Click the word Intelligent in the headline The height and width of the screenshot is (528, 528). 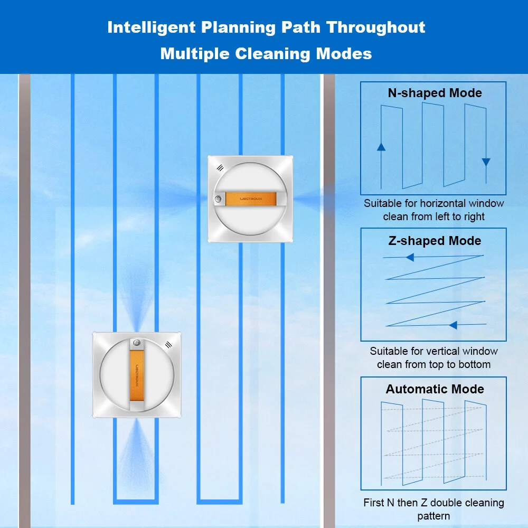click(x=151, y=27)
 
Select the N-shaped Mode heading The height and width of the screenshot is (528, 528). click(x=435, y=93)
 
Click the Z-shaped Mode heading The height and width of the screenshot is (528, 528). click(x=435, y=241)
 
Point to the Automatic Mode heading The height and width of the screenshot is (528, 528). click(x=435, y=389)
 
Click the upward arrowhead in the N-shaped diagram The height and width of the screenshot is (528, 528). click(x=381, y=147)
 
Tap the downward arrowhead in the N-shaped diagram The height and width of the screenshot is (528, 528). click(x=486, y=162)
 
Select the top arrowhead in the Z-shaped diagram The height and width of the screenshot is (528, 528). click(x=410, y=258)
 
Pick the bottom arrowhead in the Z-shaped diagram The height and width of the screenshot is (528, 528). click(x=453, y=325)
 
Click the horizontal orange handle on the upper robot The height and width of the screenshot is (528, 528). click(x=251, y=199)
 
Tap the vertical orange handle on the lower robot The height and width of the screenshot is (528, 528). click(x=137, y=375)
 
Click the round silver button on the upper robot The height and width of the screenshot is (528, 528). click(x=218, y=199)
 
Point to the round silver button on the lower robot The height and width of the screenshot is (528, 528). click(x=137, y=343)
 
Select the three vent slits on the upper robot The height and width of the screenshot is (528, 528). click(x=220, y=168)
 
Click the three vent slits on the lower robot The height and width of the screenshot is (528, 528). click(x=169, y=344)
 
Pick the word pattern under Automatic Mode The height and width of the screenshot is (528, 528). click(x=433, y=516)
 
